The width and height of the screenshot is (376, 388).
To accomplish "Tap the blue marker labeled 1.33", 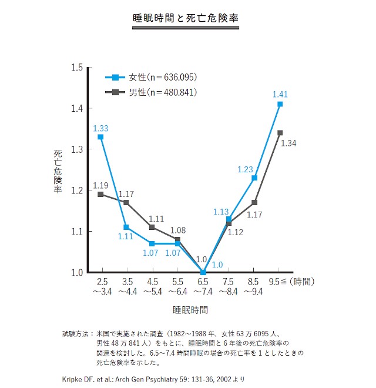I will coord(100,137).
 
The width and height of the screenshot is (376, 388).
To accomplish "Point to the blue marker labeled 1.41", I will coord(280,104).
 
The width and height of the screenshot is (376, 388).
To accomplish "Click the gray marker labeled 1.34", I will coord(280,133).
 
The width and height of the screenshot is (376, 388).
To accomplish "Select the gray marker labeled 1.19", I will coord(100,194).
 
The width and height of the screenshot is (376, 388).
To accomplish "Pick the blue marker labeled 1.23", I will coord(254,178).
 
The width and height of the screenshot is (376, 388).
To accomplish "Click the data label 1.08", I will coord(179,230).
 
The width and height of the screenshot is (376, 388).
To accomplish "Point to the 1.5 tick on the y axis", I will coord(76,67).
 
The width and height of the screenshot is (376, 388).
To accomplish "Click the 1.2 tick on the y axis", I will coord(76,190).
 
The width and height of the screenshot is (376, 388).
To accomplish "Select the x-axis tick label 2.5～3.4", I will coord(100,286).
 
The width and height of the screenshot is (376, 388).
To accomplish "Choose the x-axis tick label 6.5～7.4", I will coord(203,286).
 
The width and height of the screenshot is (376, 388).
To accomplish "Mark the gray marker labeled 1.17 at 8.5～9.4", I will coord(254,202).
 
